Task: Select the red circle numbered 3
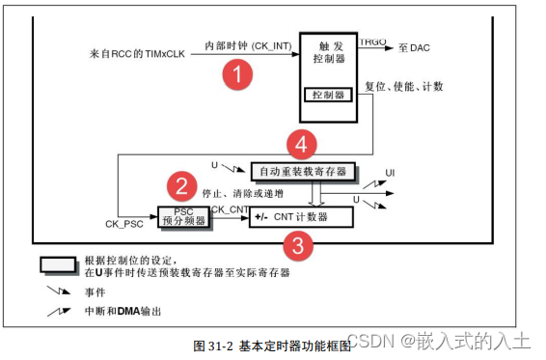301,245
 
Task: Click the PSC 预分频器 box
182,216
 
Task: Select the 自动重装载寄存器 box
303,172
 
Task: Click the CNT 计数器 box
300,216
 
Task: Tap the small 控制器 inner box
328,95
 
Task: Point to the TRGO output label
374,42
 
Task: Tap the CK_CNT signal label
231,208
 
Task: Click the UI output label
389,172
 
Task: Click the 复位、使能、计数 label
404,88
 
